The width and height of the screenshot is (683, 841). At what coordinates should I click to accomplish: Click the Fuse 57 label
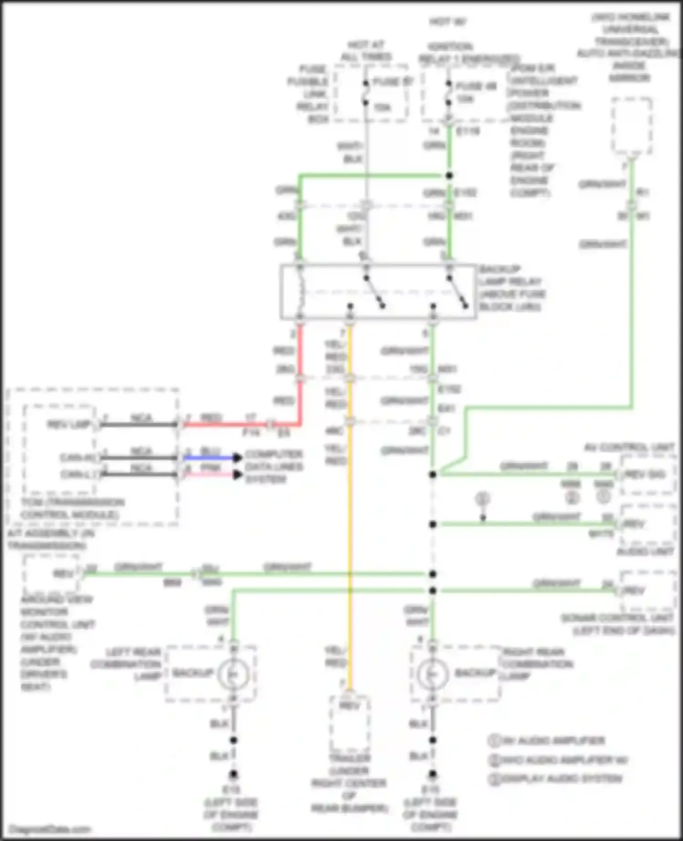392,82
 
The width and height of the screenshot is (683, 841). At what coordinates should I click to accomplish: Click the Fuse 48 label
475,86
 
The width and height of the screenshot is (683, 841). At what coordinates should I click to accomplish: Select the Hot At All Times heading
366,51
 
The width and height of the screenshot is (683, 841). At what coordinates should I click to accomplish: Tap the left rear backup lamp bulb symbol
233,674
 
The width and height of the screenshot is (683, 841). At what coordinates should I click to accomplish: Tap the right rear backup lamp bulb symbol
432,674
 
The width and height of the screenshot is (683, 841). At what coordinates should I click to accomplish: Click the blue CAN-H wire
209,457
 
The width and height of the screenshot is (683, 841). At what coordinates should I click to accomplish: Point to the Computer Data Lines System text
274,467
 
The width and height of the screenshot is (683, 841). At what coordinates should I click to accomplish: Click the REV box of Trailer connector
350,706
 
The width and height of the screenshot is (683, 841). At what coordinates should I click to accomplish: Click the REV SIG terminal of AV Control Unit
646,475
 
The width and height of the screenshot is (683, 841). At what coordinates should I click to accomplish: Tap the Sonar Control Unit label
617,624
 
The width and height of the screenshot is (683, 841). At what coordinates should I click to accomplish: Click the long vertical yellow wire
350,524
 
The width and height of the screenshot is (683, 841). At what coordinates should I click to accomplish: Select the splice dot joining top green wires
449,175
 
